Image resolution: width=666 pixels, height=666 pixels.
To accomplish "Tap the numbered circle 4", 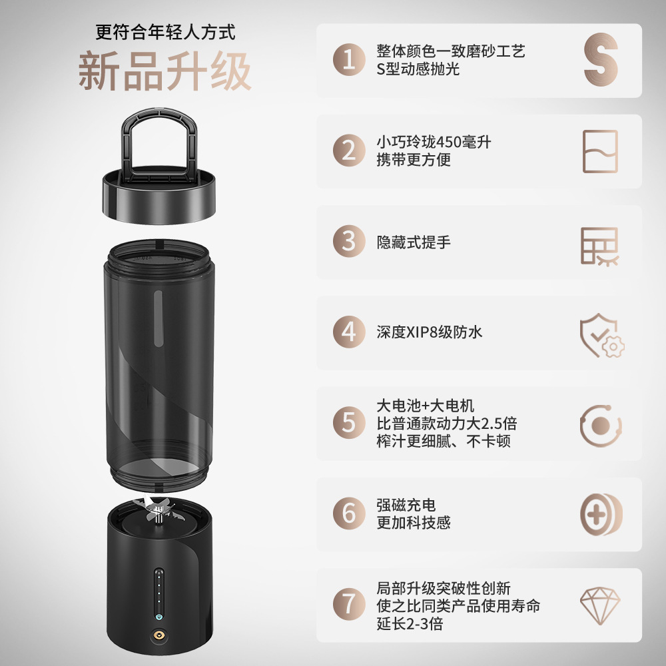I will [x=349, y=332].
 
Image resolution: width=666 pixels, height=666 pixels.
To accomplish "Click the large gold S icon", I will [x=601, y=60].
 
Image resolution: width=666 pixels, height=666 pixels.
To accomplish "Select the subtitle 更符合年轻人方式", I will [x=165, y=31].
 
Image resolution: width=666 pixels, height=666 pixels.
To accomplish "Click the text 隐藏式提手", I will [x=414, y=242].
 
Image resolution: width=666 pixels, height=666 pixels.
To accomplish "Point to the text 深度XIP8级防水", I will [x=430, y=332].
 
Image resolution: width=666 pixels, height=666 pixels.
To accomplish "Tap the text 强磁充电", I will [x=406, y=505].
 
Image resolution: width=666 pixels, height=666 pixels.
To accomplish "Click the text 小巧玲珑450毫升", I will [x=434, y=142].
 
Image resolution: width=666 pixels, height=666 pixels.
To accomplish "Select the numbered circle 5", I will [x=349, y=422].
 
